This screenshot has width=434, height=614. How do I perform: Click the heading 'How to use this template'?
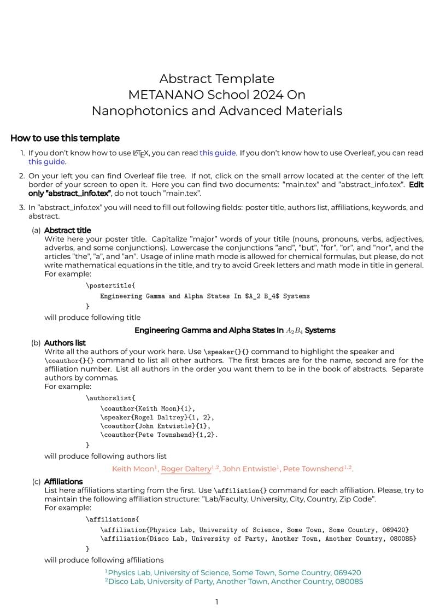[65, 138]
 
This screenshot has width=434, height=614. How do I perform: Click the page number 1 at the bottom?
[217, 602]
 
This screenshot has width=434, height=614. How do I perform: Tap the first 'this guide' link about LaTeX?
[218, 153]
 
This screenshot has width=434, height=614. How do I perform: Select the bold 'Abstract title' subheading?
[67, 230]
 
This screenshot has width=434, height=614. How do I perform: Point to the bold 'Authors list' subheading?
[64, 343]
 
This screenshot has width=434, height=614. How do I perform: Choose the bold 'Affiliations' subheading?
[63, 482]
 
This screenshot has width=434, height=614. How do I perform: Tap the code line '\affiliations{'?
[112, 519]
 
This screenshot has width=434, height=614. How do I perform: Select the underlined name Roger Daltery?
[186, 469]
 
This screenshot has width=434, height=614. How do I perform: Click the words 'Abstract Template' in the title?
[217, 79]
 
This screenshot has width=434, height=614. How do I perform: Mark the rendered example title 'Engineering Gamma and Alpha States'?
[234, 330]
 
